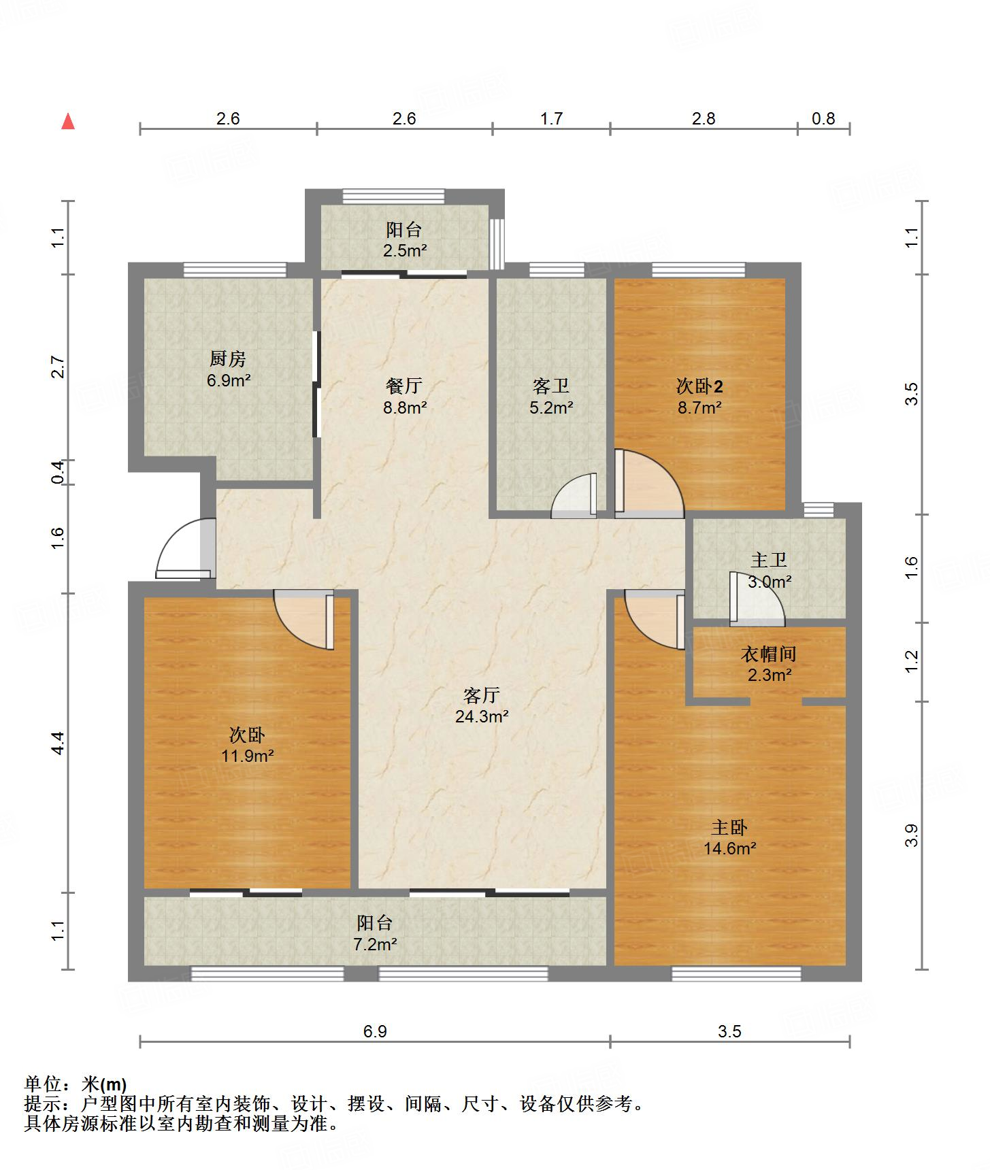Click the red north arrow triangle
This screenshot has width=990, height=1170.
[68, 121]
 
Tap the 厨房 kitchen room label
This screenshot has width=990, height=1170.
[228, 369]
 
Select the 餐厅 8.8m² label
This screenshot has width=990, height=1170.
[404, 397]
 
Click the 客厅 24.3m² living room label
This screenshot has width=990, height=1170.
[482, 705]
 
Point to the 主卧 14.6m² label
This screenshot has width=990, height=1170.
[729, 837]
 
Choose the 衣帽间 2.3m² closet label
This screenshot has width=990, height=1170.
[768, 664]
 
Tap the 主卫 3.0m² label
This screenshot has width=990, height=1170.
[769, 571]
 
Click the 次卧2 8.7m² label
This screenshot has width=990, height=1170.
[699, 397]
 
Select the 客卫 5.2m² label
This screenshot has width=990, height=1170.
[551, 397]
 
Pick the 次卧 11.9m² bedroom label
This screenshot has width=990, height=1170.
[247, 745]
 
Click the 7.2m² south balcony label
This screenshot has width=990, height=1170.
[375, 933]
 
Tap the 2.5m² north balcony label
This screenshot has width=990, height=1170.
[404, 239]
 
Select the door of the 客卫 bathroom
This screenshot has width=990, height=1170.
[574, 495]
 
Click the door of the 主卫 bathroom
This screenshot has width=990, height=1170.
[757, 599]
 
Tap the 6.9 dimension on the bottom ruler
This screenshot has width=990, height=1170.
[375, 1031]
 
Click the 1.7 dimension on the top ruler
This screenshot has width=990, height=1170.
[551, 118]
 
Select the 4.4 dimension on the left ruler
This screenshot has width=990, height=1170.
[59, 742]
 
